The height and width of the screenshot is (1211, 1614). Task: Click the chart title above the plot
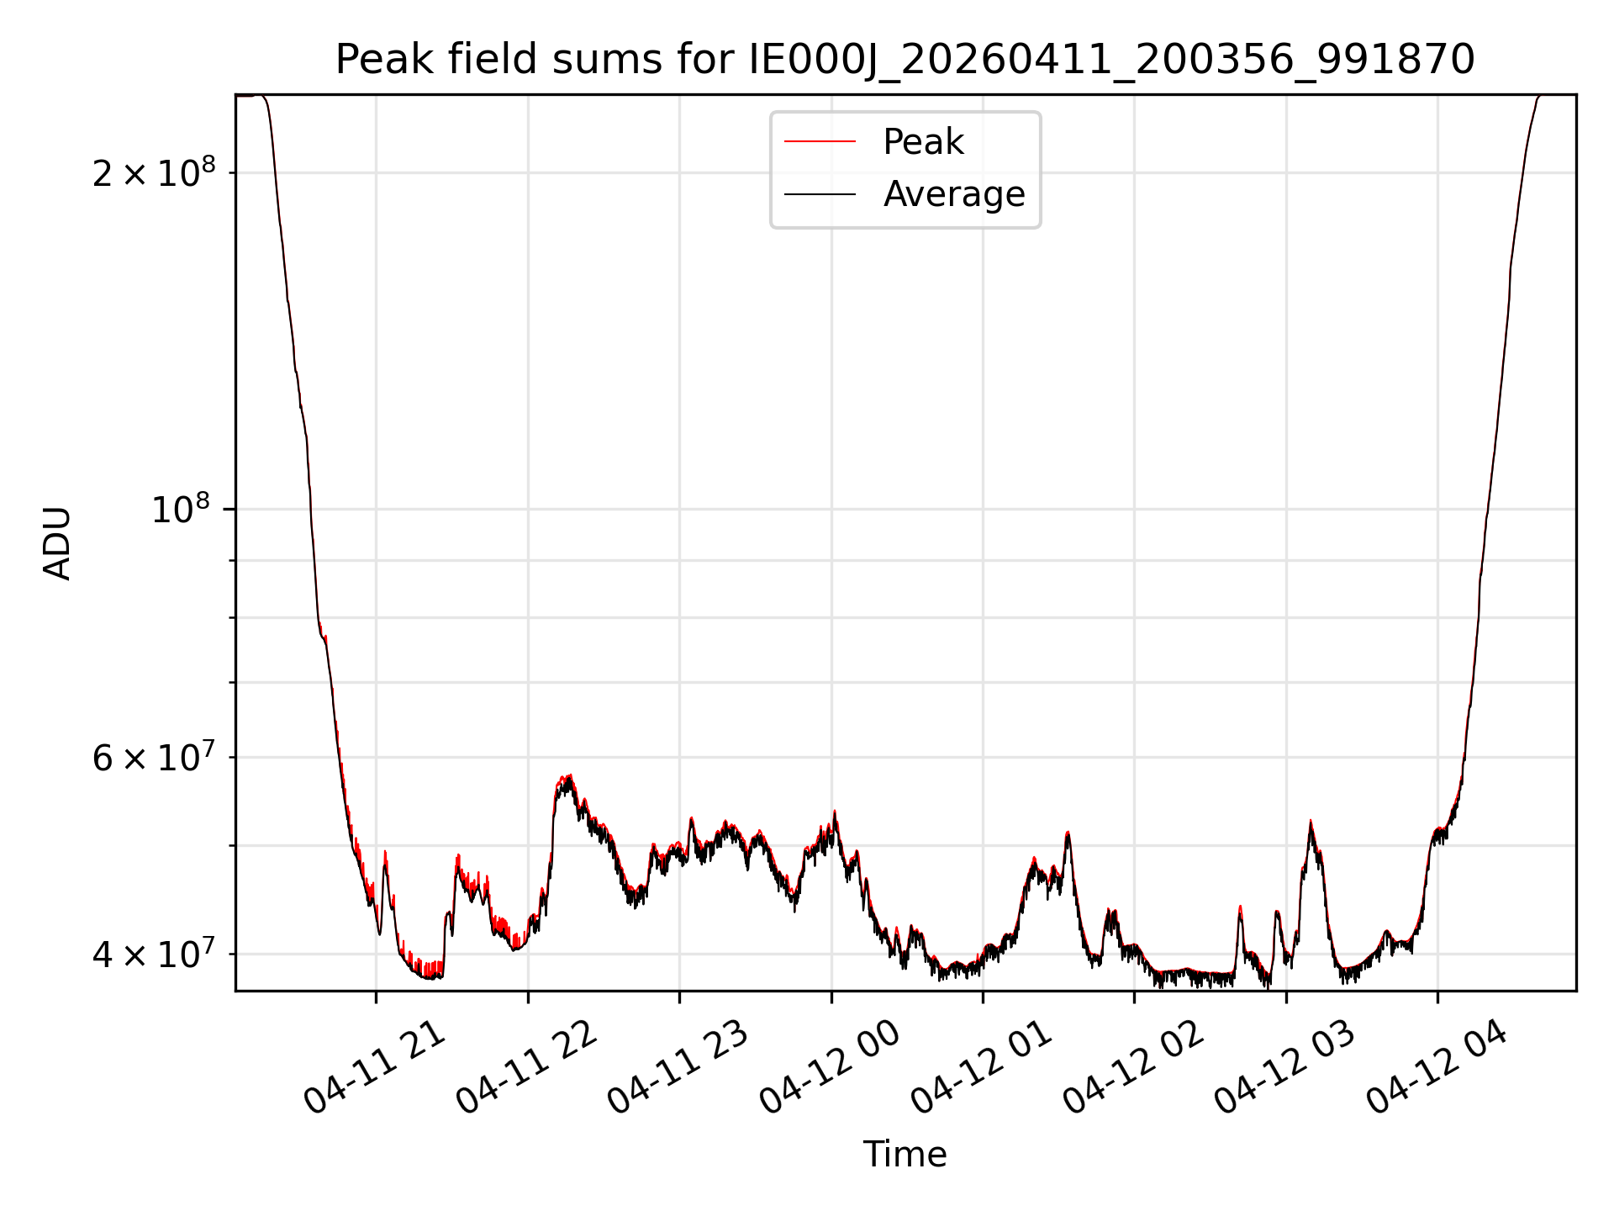click(x=905, y=59)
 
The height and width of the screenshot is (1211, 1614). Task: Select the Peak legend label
click(x=923, y=142)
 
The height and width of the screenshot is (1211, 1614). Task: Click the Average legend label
click(x=954, y=194)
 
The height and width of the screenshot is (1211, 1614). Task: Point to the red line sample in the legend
click(x=820, y=142)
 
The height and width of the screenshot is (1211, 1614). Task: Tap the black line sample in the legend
click(x=820, y=194)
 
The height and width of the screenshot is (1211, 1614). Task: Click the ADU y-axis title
click(x=57, y=543)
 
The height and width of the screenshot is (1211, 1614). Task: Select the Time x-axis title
click(x=905, y=1155)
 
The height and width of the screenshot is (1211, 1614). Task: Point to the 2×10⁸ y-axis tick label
click(x=154, y=172)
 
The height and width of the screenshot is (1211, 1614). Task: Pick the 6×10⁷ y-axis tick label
click(x=154, y=756)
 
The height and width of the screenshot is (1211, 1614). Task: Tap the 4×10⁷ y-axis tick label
click(x=154, y=953)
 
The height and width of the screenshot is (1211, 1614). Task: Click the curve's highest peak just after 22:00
click(x=570, y=775)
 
